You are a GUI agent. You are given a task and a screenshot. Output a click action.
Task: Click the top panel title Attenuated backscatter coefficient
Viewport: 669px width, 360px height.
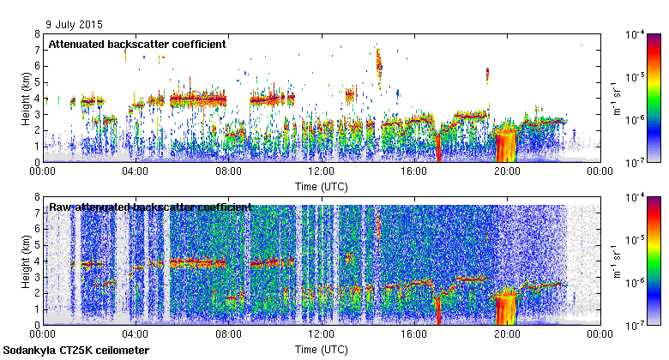tap(137, 44)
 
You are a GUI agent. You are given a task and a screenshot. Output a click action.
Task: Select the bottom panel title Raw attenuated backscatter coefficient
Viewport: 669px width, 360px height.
tap(150, 207)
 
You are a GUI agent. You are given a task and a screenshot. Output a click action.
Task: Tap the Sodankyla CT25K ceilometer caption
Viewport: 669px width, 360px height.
tap(76, 351)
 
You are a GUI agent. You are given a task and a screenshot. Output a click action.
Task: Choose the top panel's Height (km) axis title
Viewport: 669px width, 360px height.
tap(27, 98)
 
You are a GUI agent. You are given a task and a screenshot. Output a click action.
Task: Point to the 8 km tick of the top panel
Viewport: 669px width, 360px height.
tap(37, 34)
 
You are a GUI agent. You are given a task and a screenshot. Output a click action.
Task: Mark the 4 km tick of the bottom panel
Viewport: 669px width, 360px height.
tap(37, 261)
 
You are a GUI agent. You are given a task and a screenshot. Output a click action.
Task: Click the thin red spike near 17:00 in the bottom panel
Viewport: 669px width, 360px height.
tap(438, 310)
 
